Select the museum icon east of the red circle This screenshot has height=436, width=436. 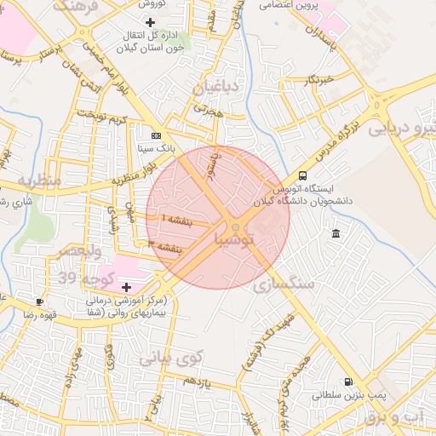336,233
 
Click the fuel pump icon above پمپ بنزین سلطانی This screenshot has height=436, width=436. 347,381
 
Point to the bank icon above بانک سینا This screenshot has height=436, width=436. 155,135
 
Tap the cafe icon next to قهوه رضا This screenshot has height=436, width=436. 39,301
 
